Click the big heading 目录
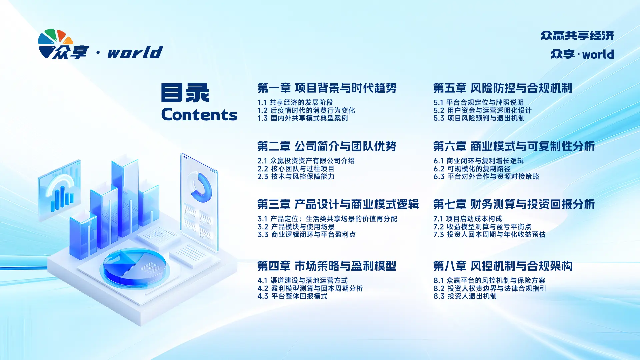(x=185, y=92)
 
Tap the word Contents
(x=199, y=115)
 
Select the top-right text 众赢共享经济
(x=577, y=35)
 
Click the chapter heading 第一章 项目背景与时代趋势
(x=327, y=88)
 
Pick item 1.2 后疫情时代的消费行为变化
(x=306, y=110)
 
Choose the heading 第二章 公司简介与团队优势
(x=327, y=146)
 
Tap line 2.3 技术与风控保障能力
(x=296, y=176)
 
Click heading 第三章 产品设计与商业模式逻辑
(x=338, y=204)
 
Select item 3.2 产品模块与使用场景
(x=296, y=227)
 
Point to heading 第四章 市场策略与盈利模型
(x=327, y=266)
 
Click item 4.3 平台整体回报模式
(x=292, y=296)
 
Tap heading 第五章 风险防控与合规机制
(x=503, y=88)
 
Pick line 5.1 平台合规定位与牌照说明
(x=479, y=102)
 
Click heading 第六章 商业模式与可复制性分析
(x=514, y=146)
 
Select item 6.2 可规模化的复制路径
(x=472, y=169)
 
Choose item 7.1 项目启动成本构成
(x=468, y=219)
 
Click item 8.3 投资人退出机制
(x=465, y=296)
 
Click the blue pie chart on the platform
(x=134, y=267)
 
